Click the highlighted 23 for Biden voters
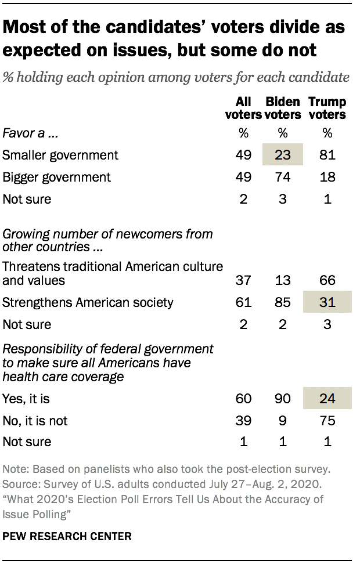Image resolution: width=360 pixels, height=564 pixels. [x=283, y=155]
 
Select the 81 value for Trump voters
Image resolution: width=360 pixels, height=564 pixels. [x=327, y=155]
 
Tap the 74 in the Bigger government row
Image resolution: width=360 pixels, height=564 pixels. [x=283, y=177]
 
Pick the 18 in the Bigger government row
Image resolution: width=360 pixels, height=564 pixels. [x=327, y=177]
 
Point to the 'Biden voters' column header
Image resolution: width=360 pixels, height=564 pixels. [x=283, y=108]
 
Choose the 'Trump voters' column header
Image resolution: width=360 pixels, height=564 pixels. [x=327, y=108]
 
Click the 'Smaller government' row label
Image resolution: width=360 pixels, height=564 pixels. [x=60, y=155]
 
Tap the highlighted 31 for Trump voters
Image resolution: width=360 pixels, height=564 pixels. [x=327, y=302]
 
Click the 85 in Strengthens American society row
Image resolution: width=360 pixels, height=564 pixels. [x=283, y=302]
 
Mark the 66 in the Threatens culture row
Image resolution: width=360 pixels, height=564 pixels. [x=327, y=280]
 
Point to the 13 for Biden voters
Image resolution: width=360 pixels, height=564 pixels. [x=283, y=280]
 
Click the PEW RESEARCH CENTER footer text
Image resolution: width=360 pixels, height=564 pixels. [x=67, y=537]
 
